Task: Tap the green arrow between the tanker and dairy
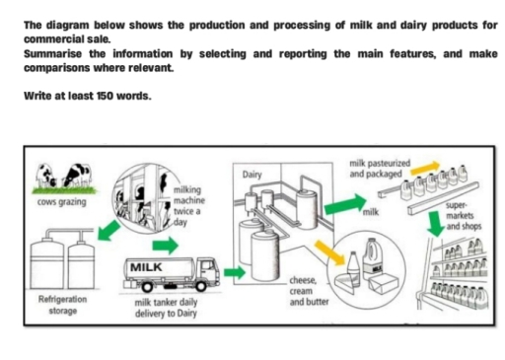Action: tap(233, 268)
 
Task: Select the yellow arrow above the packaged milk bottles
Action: tap(423, 172)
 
